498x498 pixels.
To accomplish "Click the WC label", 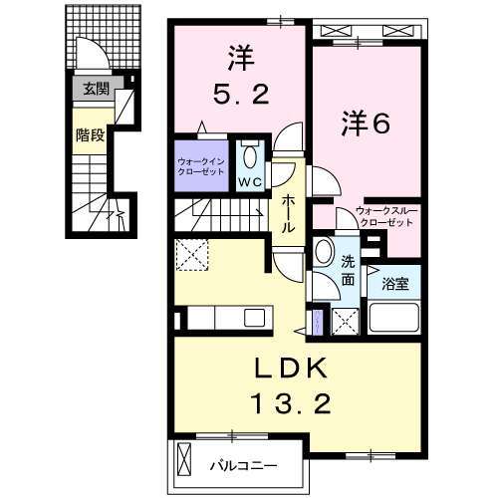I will click(250, 182).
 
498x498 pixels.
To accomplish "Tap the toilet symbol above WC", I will click(250, 157).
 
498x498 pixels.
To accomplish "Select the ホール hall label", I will click(288, 211).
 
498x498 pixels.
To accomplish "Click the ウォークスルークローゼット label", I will click(383, 217).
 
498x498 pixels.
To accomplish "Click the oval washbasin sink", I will click(324, 253).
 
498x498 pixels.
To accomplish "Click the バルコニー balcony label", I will click(242, 463).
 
